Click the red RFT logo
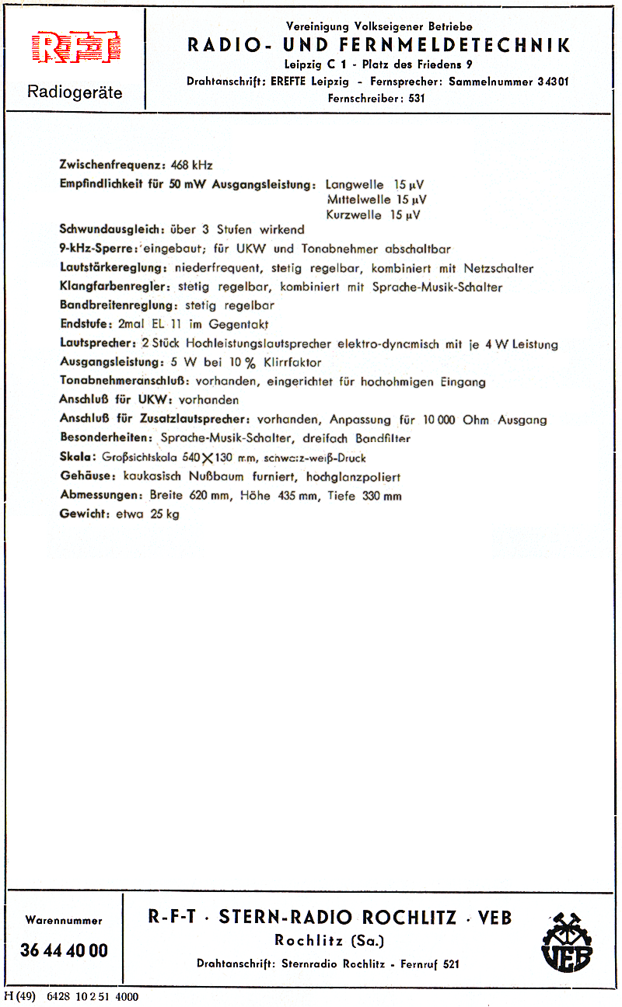[75, 47]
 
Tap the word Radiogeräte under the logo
[75, 92]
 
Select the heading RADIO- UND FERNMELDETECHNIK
[379, 45]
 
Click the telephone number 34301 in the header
[553, 82]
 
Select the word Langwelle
[355, 185]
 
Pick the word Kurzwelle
[355, 215]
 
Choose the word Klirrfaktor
[292, 363]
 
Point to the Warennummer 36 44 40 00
[64, 950]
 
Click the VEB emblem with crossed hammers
[567, 941]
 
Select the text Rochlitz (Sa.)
[329, 941]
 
